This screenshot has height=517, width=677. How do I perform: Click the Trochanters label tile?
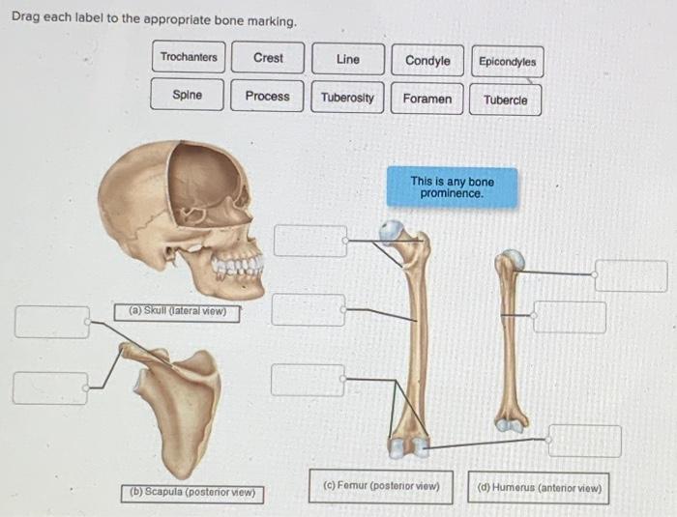coord(189,58)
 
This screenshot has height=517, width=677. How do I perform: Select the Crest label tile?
coord(268,58)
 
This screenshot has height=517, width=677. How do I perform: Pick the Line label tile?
coord(347,60)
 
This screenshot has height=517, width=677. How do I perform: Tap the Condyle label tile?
coord(427,61)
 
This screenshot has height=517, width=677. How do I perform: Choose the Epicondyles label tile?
coord(507,62)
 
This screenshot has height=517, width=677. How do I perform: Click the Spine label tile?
coord(188,95)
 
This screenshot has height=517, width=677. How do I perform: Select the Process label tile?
coord(267,96)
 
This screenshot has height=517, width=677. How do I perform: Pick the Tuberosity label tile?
coord(347,98)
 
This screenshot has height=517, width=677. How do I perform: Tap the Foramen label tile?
coord(427,99)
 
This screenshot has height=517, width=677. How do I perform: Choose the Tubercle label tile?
coord(506,100)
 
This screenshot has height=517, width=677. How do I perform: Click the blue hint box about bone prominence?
coord(452,187)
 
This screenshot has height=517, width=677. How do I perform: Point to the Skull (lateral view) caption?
coord(176,311)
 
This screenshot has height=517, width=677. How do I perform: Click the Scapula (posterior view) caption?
coord(193,492)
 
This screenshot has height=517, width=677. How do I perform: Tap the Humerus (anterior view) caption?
coord(540,488)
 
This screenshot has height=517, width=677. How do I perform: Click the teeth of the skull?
coord(238,267)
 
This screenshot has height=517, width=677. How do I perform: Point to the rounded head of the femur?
coord(391,231)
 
